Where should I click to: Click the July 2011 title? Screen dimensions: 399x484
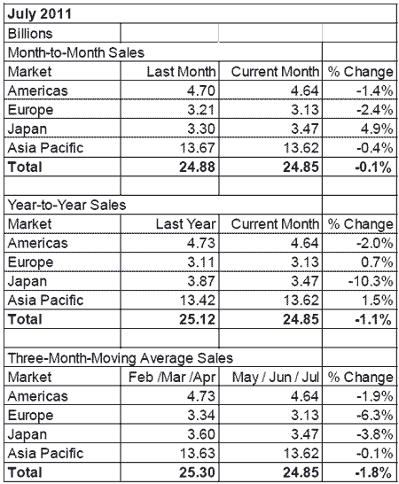click(40, 14)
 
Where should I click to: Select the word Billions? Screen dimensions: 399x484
click(30, 34)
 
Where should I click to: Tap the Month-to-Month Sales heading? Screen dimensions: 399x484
click(76, 52)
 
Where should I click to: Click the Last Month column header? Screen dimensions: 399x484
click(181, 72)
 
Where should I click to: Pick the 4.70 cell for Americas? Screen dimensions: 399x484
click(200, 90)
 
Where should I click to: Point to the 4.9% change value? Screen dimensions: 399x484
click(377, 129)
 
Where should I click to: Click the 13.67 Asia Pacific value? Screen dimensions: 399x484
click(197, 148)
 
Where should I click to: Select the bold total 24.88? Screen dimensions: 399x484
click(197, 167)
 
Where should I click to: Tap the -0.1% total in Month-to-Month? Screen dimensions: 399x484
click(373, 168)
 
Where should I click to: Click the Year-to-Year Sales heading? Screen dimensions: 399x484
click(66, 205)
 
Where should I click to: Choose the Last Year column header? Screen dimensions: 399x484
click(185, 224)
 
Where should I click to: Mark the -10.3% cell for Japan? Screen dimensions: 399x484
click(371, 281)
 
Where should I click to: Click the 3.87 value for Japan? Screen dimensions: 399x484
click(201, 281)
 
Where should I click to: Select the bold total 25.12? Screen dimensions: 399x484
click(197, 319)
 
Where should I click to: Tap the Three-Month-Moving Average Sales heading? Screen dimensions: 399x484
click(120, 358)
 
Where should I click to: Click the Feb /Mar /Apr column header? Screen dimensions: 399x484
click(172, 378)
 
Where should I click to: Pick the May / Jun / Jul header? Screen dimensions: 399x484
click(276, 378)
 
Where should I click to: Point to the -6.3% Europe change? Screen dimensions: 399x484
click(374, 416)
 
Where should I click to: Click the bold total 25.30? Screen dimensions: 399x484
click(197, 472)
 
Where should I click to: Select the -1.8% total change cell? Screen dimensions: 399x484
click(373, 472)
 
